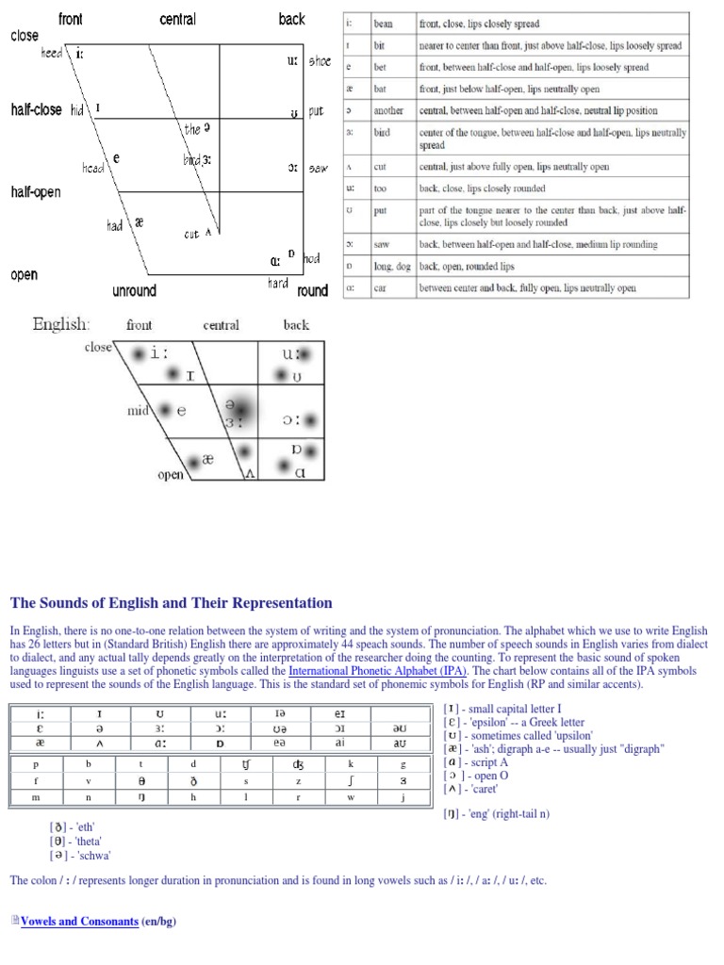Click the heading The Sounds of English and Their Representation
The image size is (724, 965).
(171, 603)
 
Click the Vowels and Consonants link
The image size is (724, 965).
(79, 922)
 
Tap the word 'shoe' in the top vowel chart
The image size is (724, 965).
(318, 61)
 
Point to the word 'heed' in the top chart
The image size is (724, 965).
(51, 54)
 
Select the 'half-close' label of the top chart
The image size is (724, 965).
(36, 109)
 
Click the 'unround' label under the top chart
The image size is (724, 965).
(134, 290)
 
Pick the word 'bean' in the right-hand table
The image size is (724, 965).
(383, 24)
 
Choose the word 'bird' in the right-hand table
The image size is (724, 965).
(382, 133)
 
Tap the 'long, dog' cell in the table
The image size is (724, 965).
(392, 267)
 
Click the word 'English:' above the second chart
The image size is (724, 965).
(61, 324)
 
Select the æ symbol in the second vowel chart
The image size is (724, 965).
(207, 460)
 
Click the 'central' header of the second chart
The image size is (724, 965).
(221, 325)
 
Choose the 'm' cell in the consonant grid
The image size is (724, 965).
(36, 797)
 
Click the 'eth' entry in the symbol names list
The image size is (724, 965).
(75, 826)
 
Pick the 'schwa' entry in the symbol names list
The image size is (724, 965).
(80, 855)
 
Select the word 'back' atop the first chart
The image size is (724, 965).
(292, 19)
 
